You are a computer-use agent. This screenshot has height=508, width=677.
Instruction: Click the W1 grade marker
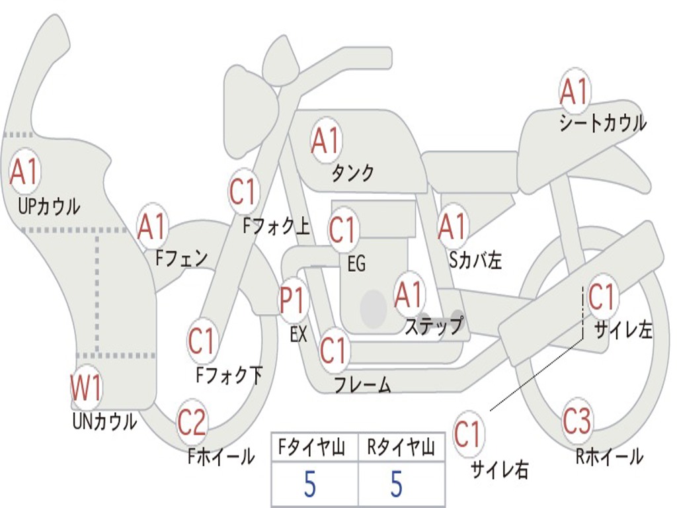86,387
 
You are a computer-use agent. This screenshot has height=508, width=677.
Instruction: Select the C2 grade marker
191,421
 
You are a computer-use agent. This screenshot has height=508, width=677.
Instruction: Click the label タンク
352,173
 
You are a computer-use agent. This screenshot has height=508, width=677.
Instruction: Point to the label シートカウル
603,123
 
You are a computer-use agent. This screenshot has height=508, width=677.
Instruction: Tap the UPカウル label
49,206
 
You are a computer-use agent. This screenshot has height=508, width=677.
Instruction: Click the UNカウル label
104,421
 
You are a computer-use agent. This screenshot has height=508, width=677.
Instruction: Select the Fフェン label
181,259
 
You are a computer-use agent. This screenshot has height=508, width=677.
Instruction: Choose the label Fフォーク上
276,226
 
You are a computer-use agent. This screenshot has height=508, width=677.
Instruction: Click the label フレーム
363,384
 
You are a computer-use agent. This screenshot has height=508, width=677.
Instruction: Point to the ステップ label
434,325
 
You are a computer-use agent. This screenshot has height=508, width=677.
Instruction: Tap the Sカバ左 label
475,260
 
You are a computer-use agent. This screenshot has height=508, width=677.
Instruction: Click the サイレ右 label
500,470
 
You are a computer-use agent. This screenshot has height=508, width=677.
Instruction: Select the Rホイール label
609,456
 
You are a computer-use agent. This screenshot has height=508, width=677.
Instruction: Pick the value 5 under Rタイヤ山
397,484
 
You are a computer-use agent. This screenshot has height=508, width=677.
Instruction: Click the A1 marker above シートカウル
575,91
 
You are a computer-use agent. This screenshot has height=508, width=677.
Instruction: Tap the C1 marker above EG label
342,230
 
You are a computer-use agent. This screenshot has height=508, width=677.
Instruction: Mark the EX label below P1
299,334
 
